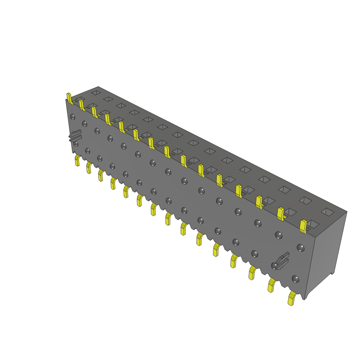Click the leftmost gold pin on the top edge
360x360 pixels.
pos(69,98)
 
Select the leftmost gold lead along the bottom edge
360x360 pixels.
pos(77,161)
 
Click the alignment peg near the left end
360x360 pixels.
pos(75,136)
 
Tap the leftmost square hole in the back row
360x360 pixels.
pos(95,92)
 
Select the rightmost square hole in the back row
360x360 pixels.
pos(328,211)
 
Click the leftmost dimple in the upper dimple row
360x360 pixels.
pos(72,116)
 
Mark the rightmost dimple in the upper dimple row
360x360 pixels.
pos(300,248)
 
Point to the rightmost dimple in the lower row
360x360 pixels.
pos(296,279)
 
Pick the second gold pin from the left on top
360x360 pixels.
pos(82,105)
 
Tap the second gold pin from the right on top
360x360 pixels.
pos(281,213)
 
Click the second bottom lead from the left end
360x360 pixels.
pos(89,168)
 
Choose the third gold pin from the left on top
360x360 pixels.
pos(94,112)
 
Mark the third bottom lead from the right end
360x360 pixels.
pos(252,273)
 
